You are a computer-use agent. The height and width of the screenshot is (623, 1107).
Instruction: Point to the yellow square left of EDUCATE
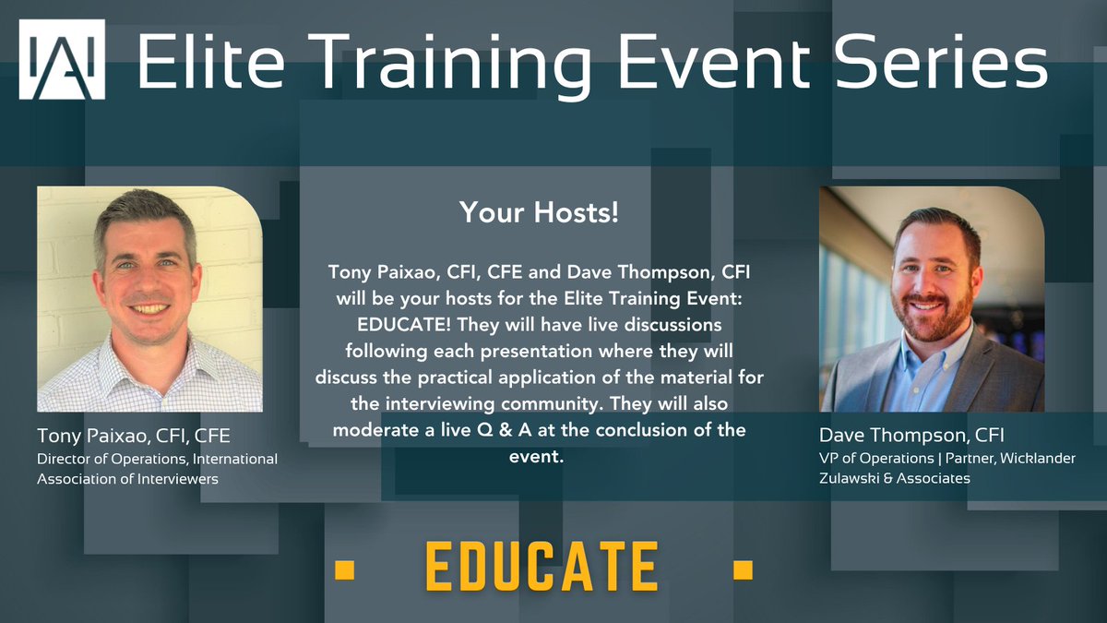point(344,568)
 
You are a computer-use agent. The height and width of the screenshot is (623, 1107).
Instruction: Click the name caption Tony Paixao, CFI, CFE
point(133,436)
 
